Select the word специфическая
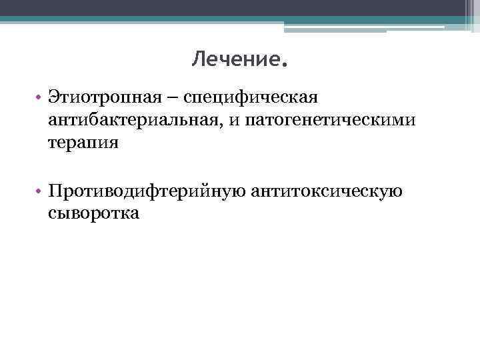tap(253, 98)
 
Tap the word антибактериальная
tap(131, 120)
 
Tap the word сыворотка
tap(93, 213)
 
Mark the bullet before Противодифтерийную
tap(41, 192)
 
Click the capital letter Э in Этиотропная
tap(53, 98)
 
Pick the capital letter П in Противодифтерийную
tap(55, 191)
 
